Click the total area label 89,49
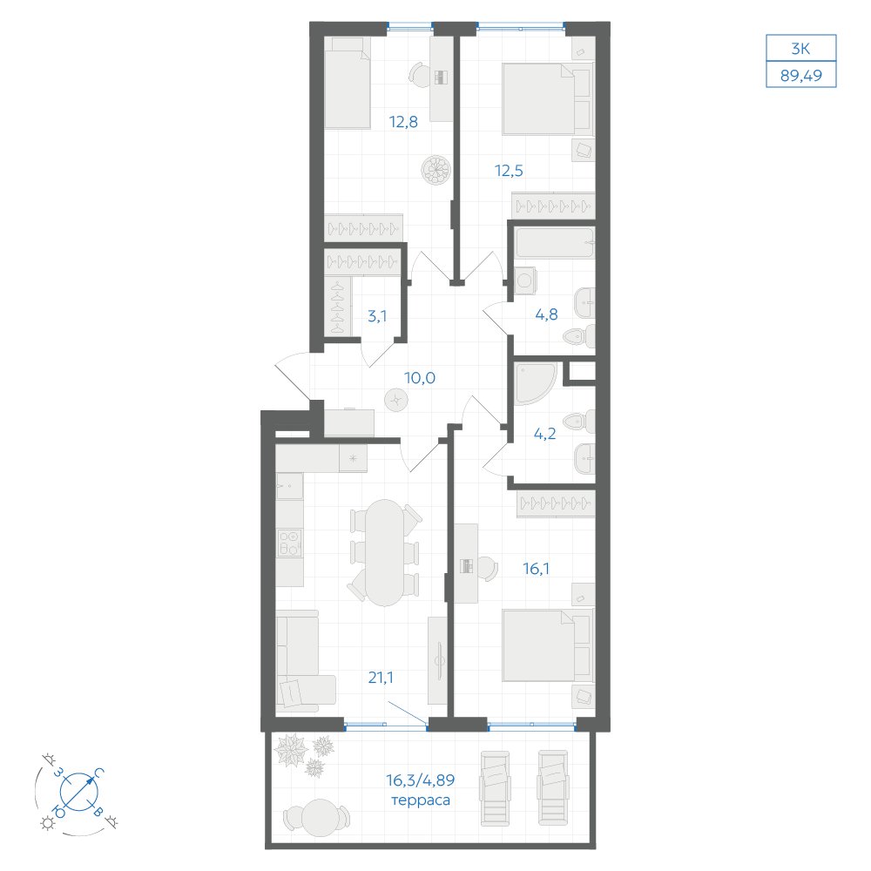pos(801,75)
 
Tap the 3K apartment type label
pos(800,49)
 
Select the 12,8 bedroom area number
pos(403,121)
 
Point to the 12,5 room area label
pos(509,170)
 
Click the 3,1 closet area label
pos(377,316)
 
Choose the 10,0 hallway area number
pos(420,378)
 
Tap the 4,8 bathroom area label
pos(546,314)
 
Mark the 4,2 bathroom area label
pos(544,433)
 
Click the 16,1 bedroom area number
pos(536,568)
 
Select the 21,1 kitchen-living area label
pos(381,677)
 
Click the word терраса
pos(421,800)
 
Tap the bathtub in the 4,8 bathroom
pos(554,242)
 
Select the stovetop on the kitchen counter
pos(290,543)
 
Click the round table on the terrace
pos(319,817)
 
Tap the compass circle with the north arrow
pos(79,791)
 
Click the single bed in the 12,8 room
pos(348,84)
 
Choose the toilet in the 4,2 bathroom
pos(581,422)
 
